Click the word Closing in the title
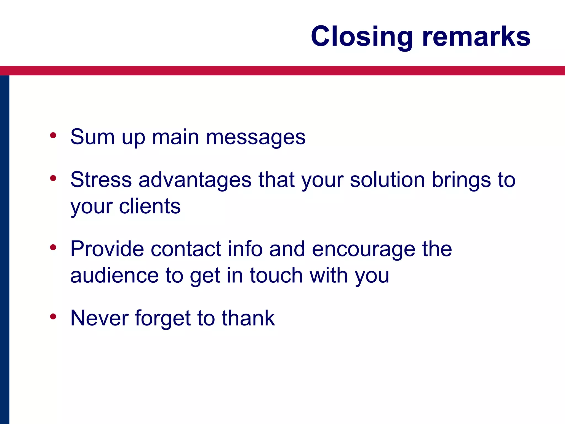pos(362,37)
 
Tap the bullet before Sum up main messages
pos(53,136)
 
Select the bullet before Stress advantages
pos(53,178)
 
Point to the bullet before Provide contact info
pos(53,248)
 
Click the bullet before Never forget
pos(53,317)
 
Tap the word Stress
pos(101,180)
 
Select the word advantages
pos(195,180)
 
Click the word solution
pos(387,180)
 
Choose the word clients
pos(150,206)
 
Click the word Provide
pos(107,249)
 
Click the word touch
pos(276,275)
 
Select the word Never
pos(99,318)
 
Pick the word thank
pos(248,318)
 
